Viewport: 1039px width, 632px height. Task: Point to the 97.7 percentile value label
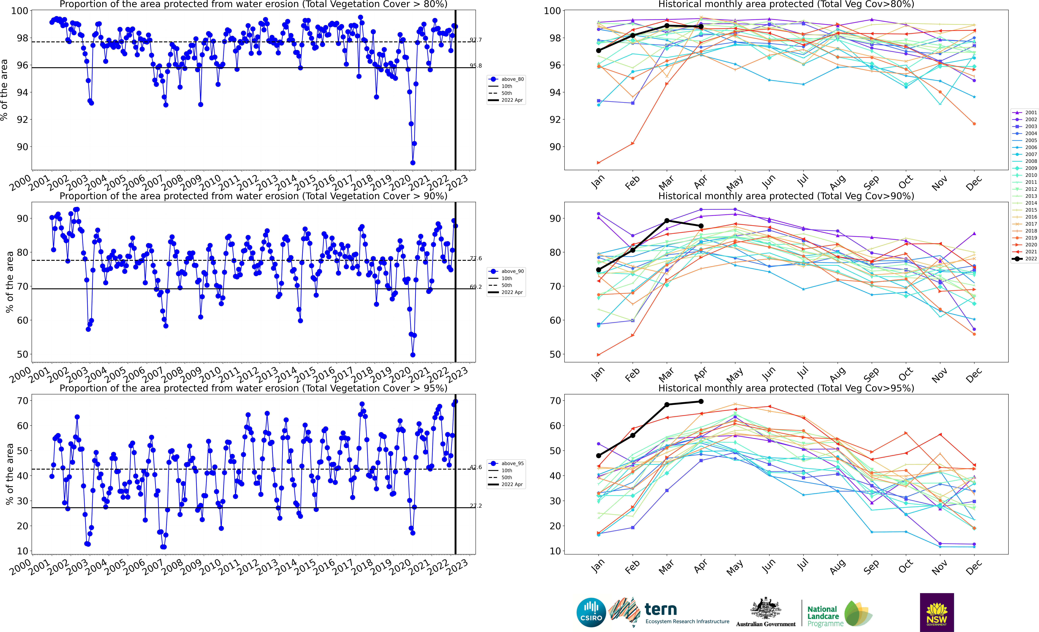[476, 40]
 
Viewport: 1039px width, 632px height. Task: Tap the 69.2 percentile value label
[476, 287]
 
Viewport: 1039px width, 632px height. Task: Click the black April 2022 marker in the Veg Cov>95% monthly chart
[701, 402]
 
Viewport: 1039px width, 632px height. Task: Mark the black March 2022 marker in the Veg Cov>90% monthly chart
[667, 221]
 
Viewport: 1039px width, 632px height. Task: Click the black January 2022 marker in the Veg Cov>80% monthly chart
[598, 51]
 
